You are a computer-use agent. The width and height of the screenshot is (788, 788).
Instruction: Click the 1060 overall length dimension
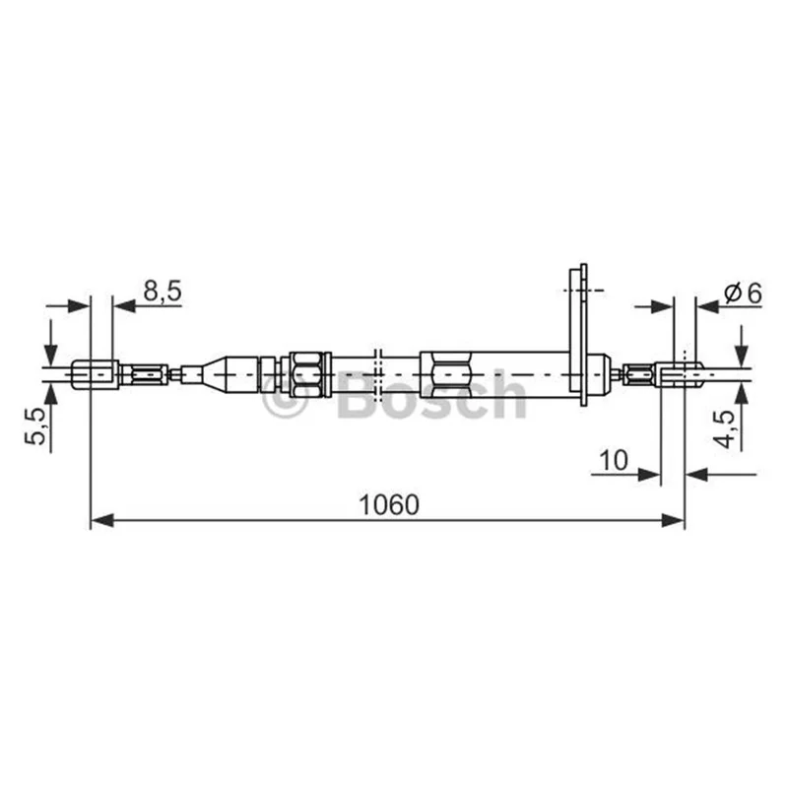(389, 505)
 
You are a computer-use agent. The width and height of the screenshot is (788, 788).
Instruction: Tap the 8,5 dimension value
(162, 291)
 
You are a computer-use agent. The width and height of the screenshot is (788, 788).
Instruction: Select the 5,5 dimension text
(35, 426)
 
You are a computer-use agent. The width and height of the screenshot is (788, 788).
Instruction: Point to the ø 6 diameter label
(743, 293)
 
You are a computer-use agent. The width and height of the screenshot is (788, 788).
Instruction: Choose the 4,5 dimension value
(724, 428)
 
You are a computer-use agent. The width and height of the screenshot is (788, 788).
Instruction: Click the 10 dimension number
(614, 459)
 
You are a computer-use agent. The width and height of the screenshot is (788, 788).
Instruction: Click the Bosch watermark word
(432, 395)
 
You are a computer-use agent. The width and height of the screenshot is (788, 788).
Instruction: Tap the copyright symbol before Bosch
(285, 395)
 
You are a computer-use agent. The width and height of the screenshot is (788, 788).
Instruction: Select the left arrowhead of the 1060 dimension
(102, 520)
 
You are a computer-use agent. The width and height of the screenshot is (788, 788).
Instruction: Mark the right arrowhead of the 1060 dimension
(673, 520)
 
